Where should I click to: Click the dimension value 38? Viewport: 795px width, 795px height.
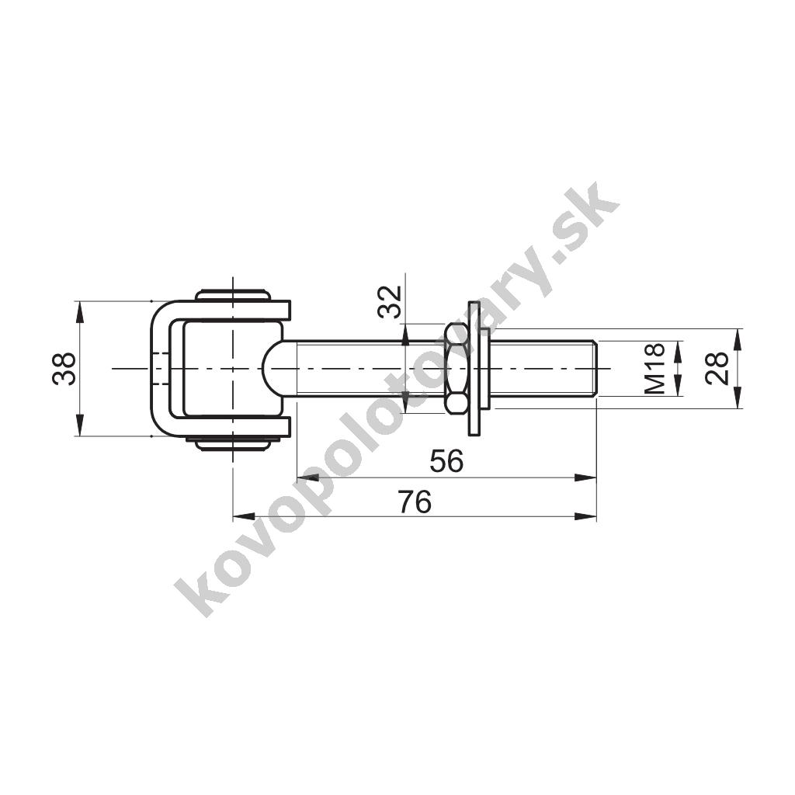[64, 369]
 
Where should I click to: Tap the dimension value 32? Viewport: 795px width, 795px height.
[391, 302]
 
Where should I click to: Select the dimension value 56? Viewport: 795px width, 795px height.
[446, 461]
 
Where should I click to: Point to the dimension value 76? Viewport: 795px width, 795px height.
[415, 502]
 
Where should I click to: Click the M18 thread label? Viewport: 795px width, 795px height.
[654, 369]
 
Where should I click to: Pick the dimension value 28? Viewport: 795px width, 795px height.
[717, 369]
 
